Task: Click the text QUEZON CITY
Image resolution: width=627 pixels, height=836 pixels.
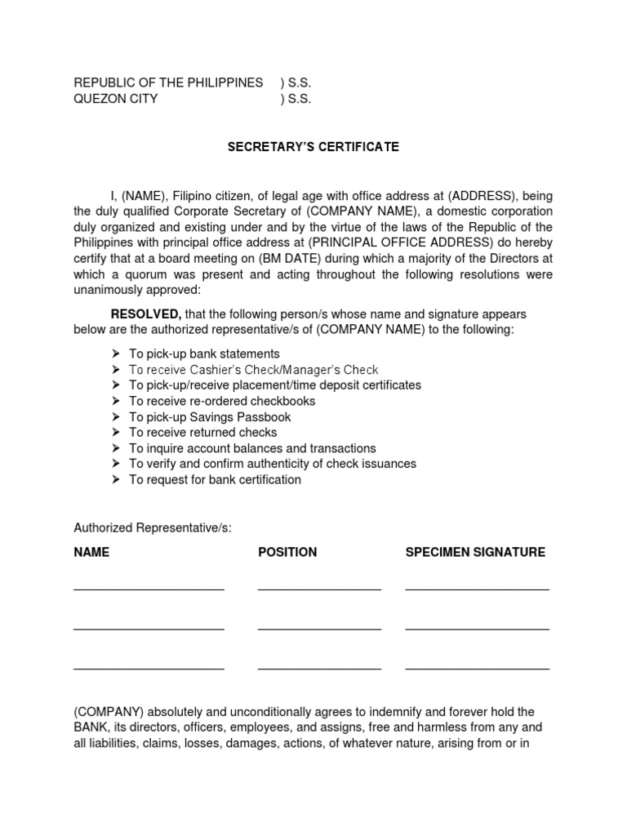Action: click(x=116, y=100)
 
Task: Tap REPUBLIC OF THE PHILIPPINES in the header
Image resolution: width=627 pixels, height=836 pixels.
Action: click(x=168, y=83)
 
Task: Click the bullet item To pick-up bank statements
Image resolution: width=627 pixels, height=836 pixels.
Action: click(x=204, y=354)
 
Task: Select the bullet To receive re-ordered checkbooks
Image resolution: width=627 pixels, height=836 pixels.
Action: click(x=221, y=401)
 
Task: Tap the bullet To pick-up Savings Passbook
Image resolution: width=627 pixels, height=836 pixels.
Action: click(x=210, y=417)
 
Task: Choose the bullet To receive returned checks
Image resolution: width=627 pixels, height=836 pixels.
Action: click(x=202, y=433)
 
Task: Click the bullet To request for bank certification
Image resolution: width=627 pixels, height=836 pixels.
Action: click(x=215, y=480)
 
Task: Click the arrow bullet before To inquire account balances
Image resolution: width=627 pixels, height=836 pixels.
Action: click(x=116, y=448)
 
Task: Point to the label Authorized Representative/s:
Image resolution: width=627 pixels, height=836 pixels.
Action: click(x=153, y=528)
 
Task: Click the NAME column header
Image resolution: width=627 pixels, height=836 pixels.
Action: click(x=91, y=552)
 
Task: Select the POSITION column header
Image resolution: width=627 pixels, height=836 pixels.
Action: click(x=287, y=552)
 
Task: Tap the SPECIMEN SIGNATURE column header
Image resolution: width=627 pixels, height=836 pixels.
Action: click(x=475, y=552)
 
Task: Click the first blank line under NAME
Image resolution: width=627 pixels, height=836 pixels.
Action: click(x=149, y=588)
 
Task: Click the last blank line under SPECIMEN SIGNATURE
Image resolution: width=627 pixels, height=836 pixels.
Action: click(x=477, y=669)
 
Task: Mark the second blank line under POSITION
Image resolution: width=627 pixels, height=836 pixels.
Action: click(x=319, y=629)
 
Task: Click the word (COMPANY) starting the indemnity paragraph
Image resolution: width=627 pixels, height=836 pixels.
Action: click(x=109, y=713)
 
